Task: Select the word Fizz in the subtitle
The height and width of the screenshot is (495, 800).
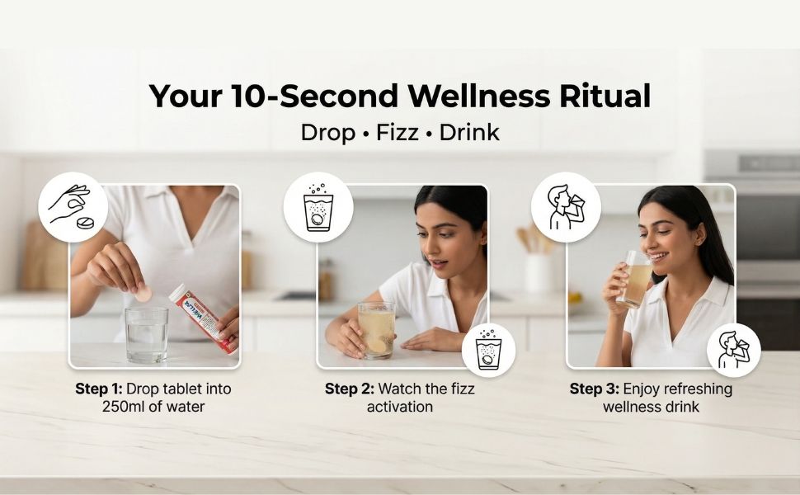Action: click(398, 133)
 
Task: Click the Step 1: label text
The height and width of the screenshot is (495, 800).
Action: click(98, 389)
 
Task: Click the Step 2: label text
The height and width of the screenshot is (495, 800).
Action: click(350, 389)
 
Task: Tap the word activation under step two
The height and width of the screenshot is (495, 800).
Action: click(399, 407)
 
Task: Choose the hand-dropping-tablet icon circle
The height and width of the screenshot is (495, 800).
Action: click(73, 207)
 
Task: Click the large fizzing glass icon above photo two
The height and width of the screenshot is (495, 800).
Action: click(318, 207)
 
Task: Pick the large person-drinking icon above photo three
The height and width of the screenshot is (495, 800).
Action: click(566, 207)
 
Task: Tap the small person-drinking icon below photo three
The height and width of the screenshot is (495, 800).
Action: click(734, 350)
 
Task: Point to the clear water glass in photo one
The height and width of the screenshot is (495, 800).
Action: click(147, 334)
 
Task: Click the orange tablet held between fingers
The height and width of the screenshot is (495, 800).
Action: click(143, 294)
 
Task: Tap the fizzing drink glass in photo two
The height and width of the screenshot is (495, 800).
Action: click(377, 330)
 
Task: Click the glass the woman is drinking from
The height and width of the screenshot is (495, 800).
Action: click(635, 279)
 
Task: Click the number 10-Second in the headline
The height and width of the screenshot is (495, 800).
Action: click(314, 96)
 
